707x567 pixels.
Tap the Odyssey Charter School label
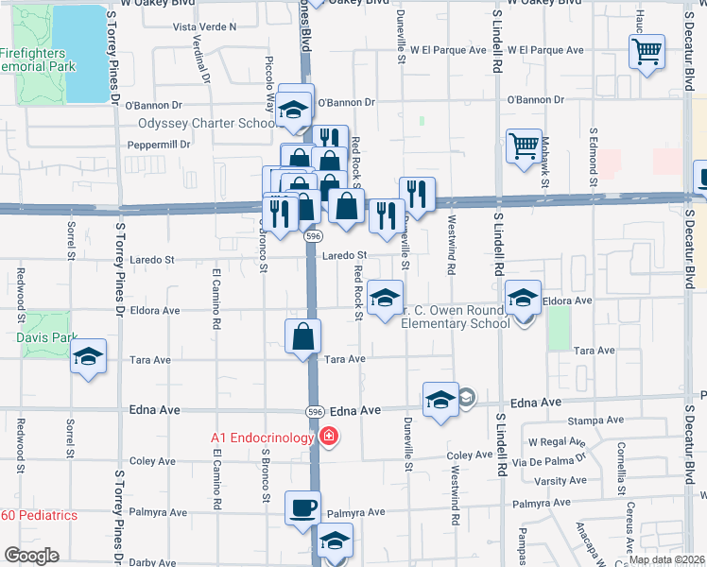click(206, 123)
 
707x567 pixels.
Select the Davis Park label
click(44, 337)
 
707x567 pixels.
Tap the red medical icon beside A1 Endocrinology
click(328, 437)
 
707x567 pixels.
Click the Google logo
click(31, 556)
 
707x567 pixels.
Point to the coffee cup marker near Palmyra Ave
click(302, 507)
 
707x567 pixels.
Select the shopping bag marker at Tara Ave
click(302, 336)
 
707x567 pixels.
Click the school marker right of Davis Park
click(89, 356)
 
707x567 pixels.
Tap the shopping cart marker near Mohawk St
click(524, 146)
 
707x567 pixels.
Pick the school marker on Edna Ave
click(440, 400)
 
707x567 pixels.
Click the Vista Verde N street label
click(205, 27)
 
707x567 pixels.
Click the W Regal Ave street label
click(558, 442)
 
